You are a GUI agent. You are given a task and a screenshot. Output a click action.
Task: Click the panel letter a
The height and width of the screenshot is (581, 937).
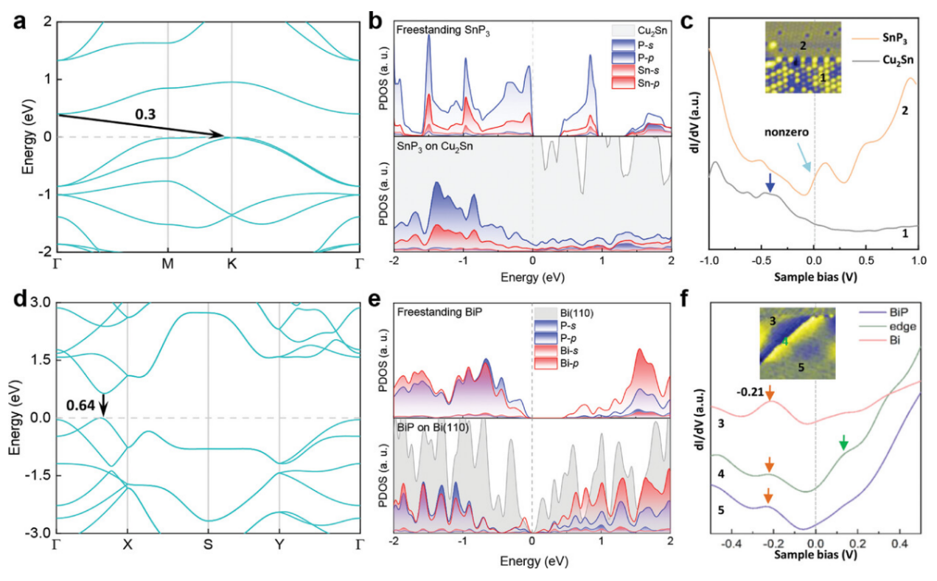(x=17, y=22)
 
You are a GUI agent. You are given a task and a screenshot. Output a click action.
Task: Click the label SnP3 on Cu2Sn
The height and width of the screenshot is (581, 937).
(x=437, y=147)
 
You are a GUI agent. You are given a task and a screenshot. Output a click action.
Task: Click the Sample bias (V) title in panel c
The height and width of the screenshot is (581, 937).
(x=813, y=279)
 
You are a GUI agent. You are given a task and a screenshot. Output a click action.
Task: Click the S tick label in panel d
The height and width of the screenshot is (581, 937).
(x=208, y=547)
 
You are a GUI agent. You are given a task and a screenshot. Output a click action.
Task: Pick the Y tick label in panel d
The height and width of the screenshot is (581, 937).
(x=279, y=547)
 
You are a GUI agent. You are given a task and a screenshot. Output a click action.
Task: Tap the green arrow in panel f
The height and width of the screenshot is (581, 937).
(x=844, y=442)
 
